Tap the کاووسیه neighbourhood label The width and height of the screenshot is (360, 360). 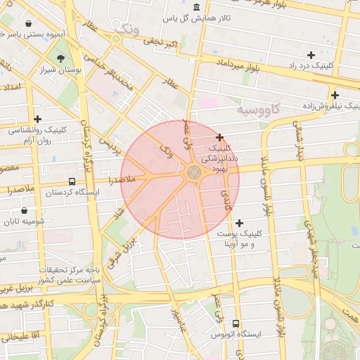(x=258, y=110)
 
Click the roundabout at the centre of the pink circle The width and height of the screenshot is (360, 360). (x=193, y=172)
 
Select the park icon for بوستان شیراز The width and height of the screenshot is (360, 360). (x=61, y=59)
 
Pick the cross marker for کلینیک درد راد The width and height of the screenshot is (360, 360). (x=311, y=55)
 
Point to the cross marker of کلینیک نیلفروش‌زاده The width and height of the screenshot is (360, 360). (x=335, y=95)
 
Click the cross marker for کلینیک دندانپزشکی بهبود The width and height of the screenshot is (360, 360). (x=220, y=137)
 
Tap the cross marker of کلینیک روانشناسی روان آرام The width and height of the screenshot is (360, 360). (x=37, y=120)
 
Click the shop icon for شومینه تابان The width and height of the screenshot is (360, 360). (x=25, y=210)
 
